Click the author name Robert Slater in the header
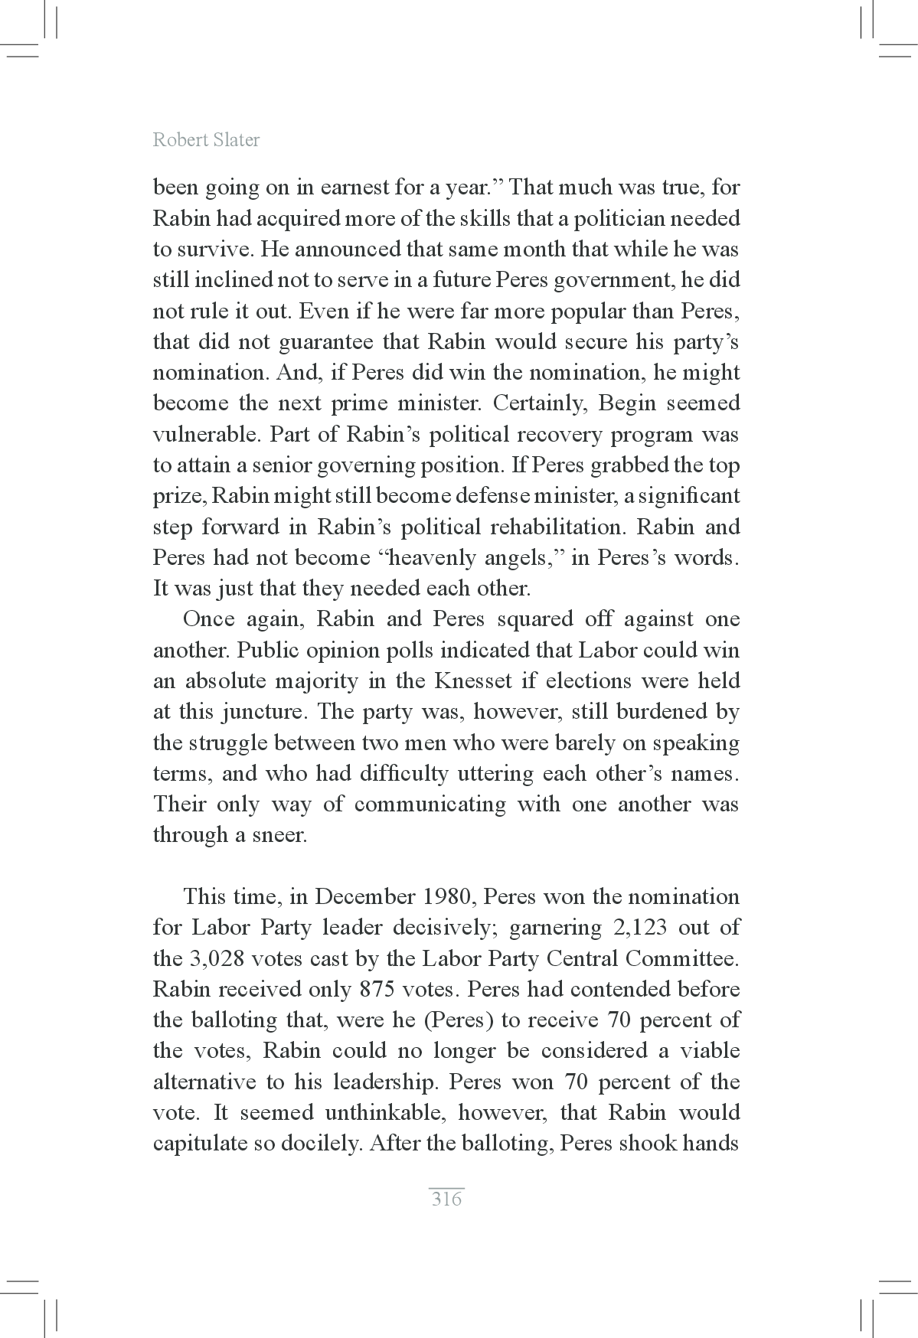206,140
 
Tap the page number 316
446,1199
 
